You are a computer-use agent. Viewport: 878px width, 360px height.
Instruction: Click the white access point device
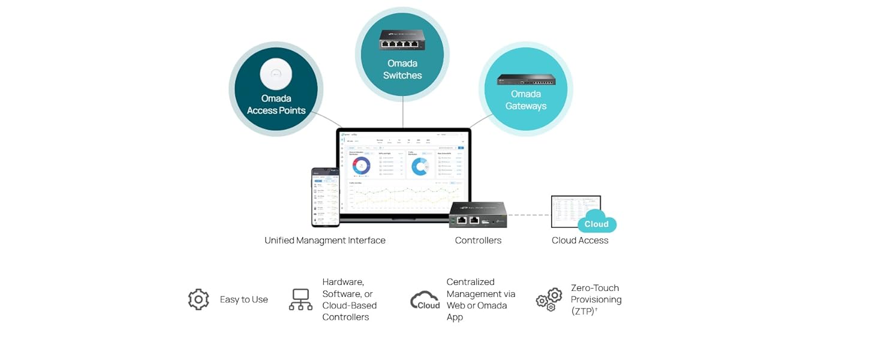click(276, 75)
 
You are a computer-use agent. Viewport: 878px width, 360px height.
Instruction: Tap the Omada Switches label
click(402, 69)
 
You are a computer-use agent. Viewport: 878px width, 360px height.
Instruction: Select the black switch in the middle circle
click(402, 40)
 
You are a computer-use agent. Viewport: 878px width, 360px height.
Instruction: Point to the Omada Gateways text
click(526, 100)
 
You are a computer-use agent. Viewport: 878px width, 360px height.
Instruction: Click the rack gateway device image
click(526, 79)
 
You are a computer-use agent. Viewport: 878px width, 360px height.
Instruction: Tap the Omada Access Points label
click(276, 104)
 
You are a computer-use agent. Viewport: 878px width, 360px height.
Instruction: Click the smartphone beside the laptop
click(325, 197)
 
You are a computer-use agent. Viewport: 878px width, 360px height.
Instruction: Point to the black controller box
click(478, 215)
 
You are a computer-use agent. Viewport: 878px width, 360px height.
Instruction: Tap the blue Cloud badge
click(596, 224)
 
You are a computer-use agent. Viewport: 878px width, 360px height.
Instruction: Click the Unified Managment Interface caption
click(325, 240)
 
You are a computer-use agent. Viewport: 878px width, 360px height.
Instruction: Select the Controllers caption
click(478, 240)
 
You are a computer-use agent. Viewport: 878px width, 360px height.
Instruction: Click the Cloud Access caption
click(580, 240)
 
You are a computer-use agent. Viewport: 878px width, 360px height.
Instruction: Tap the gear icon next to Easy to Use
click(199, 299)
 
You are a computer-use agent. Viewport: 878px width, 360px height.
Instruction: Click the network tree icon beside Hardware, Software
click(300, 299)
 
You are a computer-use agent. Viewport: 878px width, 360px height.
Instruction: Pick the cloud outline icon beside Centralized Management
click(425, 300)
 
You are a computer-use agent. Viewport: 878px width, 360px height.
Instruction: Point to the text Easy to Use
click(243, 299)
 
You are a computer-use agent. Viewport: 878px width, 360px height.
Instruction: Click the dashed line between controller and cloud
click(528, 215)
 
